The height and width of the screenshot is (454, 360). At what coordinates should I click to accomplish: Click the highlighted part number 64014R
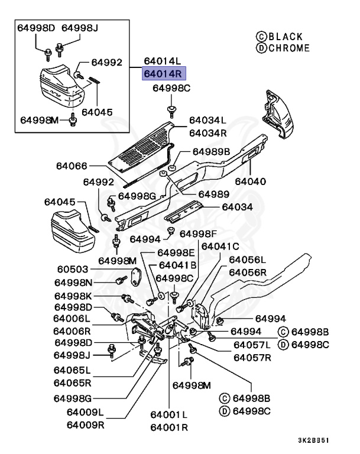pyautogui.click(x=163, y=73)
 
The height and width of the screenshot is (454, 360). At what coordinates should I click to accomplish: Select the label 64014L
pyautogui.click(x=163, y=61)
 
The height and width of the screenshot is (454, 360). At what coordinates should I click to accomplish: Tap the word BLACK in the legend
pyautogui.click(x=286, y=37)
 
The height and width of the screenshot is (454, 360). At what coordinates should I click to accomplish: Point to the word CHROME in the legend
pyautogui.click(x=289, y=48)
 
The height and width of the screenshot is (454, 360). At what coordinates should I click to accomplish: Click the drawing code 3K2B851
pyautogui.click(x=314, y=440)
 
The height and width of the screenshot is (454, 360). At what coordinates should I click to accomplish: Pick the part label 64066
pyautogui.click(x=72, y=166)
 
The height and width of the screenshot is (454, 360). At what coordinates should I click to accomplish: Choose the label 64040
pyautogui.click(x=250, y=181)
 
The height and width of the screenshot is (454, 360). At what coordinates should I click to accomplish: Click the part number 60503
pyautogui.click(x=72, y=270)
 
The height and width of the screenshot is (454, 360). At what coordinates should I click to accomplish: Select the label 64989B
pyautogui.click(x=212, y=152)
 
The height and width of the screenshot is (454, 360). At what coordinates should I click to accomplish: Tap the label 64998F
pyautogui.click(x=198, y=234)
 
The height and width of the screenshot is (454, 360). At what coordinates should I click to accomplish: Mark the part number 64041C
pyautogui.click(x=220, y=247)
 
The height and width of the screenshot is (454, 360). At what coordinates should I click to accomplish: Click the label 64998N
pyautogui.click(x=73, y=283)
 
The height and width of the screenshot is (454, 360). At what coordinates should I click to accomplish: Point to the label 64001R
pyautogui.click(x=169, y=427)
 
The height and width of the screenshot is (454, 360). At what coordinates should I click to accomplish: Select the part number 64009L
pyautogui.click(x=85, y=412)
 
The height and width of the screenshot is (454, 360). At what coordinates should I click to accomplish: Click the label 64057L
pyautogui.click(x=252, y=345)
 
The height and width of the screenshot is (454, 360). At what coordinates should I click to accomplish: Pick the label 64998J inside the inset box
pyautogui.click(x=80, y=28)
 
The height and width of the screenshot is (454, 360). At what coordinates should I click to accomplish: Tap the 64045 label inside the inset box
pyautogui.click(x=97, y=112)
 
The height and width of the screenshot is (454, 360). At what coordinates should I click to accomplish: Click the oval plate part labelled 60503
pyautogui.click(x=136, y=277)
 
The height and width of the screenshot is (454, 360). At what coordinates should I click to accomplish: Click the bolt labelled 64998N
pyautogui.click(x=121, y=280)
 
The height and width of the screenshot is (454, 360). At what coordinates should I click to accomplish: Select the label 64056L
pyautogui.click(x=247, y=260)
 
